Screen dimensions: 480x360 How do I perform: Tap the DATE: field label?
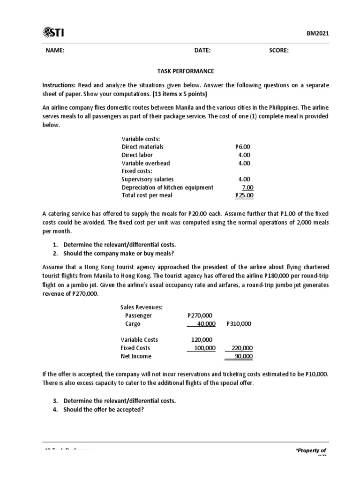click(x=202, y=51)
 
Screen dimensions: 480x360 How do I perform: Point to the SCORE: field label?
click(x=279, y=51)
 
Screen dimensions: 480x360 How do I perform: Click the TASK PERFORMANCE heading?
click(x=185, y=71)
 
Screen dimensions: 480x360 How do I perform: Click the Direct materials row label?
click(x=142, y=147)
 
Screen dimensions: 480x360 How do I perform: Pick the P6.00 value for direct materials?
click(x=244, y=147)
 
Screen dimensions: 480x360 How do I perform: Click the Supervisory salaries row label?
click(x=147, y=179)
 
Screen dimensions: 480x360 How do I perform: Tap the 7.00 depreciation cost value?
click(x=247, y=187)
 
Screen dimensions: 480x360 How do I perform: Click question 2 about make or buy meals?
click(x=119, y=254)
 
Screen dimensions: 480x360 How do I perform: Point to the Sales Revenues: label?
click(x=142, y=307)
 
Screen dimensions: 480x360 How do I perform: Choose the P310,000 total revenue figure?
click(x=239, y=324)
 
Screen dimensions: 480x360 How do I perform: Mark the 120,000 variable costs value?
click(x=202, y=340)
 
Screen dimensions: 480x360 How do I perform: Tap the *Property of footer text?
click(x=311, y=450)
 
